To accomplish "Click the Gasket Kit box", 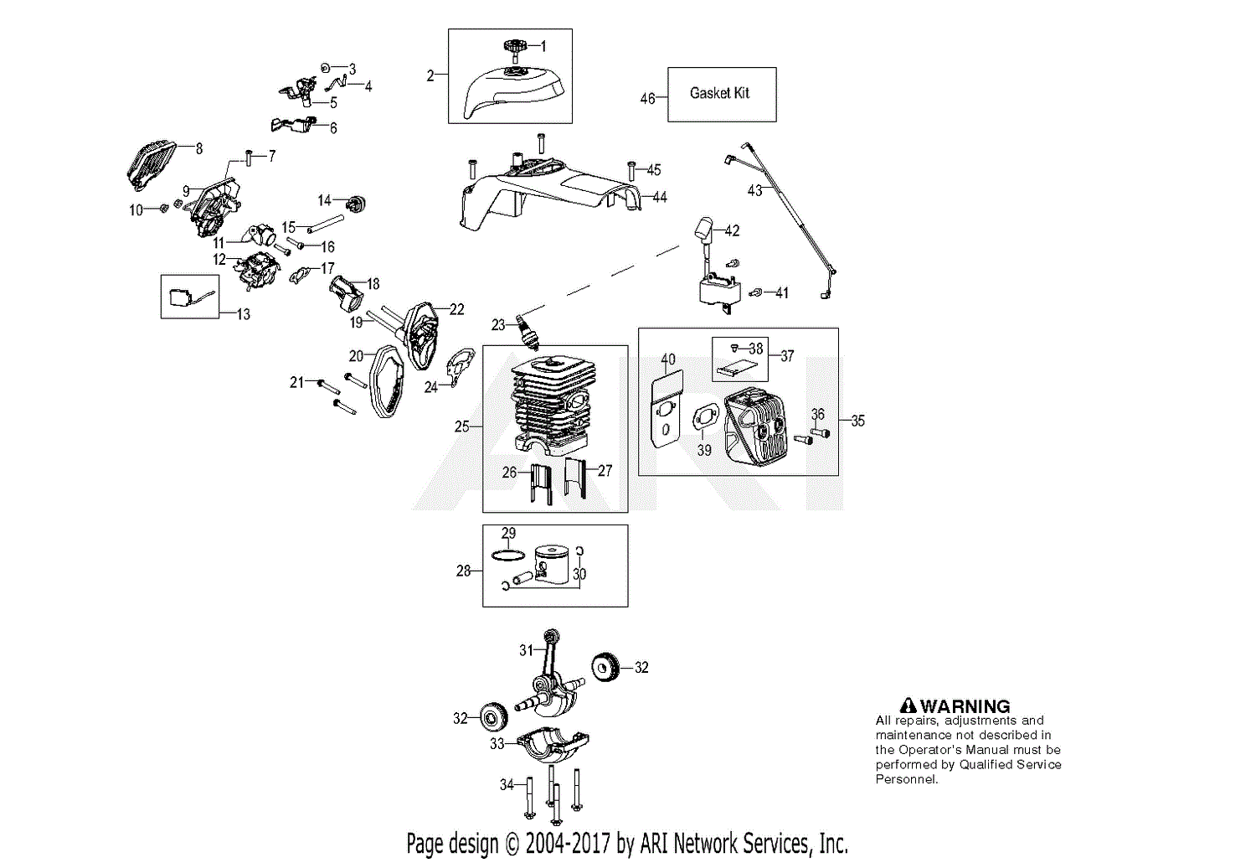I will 721,94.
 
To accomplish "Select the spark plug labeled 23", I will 528,328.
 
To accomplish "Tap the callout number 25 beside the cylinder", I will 461,426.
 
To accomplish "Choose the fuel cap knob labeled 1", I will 513,48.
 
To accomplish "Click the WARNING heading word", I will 965,705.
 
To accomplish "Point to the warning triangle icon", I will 908,705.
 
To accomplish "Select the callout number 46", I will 647,99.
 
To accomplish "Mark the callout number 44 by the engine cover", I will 660,197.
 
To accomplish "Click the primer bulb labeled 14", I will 359,203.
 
